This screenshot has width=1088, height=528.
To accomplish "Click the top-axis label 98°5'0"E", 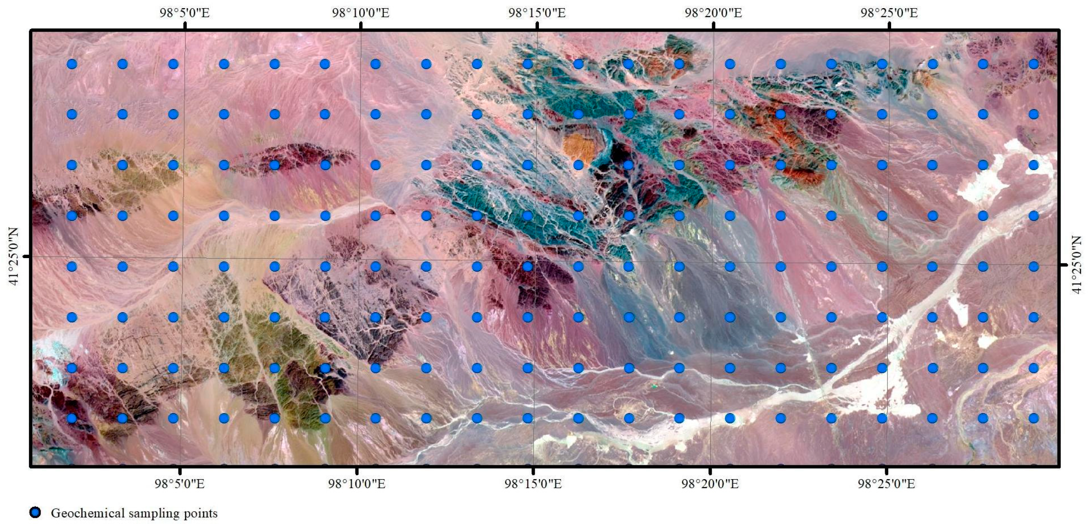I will (x=185, y=13).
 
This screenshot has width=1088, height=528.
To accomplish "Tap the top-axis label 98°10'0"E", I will (x=360, y=13).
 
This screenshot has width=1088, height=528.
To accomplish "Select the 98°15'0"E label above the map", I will (x=537, y=13).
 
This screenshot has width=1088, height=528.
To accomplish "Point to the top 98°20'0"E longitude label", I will (x=713, y=13).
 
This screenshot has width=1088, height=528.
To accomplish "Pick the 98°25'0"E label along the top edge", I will (x=889, y=13).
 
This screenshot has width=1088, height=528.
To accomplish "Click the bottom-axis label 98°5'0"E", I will (x=179, y=484).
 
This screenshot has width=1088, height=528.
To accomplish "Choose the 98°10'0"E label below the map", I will (x=357, y=484).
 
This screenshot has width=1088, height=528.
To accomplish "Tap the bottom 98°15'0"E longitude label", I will (x=533, y=484).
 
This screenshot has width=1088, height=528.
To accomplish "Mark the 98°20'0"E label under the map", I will (x=710, y=484).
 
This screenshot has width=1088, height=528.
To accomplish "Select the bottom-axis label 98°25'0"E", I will (x=886, y=484).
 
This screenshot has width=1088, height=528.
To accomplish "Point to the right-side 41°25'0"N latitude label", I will (x=1077, y=265).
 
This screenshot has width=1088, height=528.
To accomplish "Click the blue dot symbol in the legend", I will (x=35, y=513).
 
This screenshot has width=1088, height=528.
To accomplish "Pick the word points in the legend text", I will (x=201, y=514).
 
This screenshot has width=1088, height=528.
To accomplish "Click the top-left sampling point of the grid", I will (x=72, y=64).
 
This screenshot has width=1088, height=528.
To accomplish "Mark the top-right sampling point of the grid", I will (x=1033, y=64).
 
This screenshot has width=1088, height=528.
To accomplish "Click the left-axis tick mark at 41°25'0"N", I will (x=28, y=256).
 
